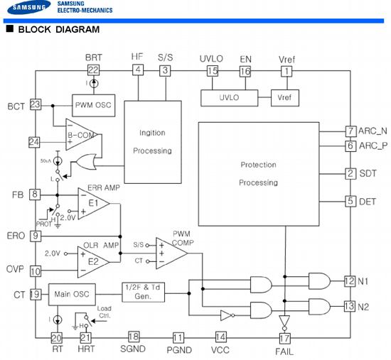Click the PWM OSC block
click(x=94, y=105)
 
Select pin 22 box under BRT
click(x=94, y=70)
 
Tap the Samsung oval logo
click(x=29, y=7)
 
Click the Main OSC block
click(x=72, y=295)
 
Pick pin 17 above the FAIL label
click(x=285, y=338)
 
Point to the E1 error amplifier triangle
click(x=94, y=204)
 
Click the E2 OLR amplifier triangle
click(x=93, y=262)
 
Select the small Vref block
click(x=285, y=98)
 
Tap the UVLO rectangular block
click(x=229, y=98)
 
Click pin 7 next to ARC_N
click(x=350, y=131)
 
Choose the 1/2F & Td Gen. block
click(x=143, y=293)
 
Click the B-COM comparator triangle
click(x=81, y=134)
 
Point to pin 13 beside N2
click(x=350, y=307)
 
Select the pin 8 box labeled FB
click(x=35, y=195)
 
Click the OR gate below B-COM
click(x=86, y=162)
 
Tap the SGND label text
click(x=133, y=349)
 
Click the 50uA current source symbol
click(x=58, y=161)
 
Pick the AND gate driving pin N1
click(x=319, y=281)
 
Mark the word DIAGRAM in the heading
click(x=77, y=29)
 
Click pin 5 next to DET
click(x=350, y=201)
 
